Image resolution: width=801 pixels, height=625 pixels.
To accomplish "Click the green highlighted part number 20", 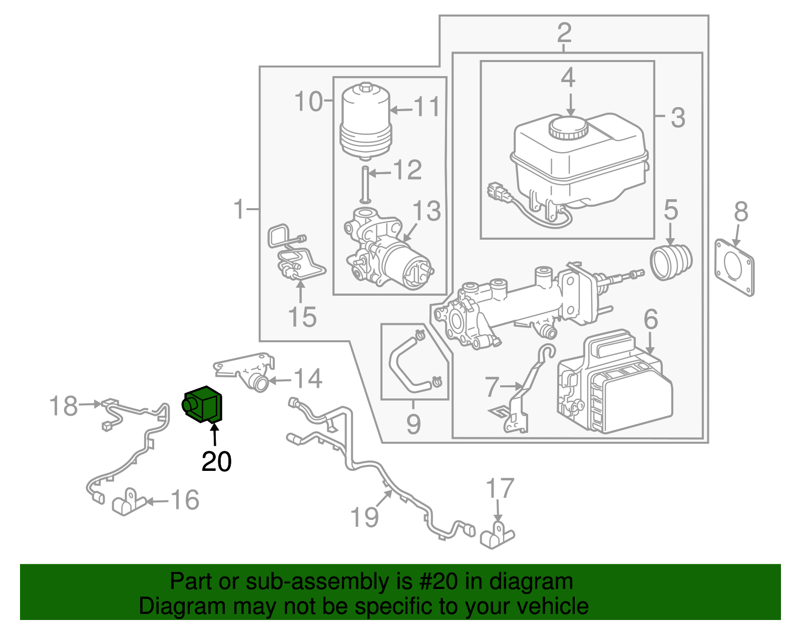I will click(x=203, y=404).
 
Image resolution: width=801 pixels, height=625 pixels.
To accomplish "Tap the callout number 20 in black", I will click(x=216, y=461).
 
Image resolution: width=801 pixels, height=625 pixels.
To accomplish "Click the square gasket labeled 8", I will click(x=734, y=267).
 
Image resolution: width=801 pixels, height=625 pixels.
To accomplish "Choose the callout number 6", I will click(x=650, y=319).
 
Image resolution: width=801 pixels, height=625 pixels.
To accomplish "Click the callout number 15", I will click(x=302, y=317).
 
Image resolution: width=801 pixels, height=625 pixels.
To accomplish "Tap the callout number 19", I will click(x=364, y=517).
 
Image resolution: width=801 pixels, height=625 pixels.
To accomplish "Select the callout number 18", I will click(x=64, y=405).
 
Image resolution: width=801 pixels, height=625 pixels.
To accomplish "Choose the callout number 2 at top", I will click(x=564, y=33).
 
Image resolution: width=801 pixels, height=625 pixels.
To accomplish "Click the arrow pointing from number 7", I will click(x=512, y=386).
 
